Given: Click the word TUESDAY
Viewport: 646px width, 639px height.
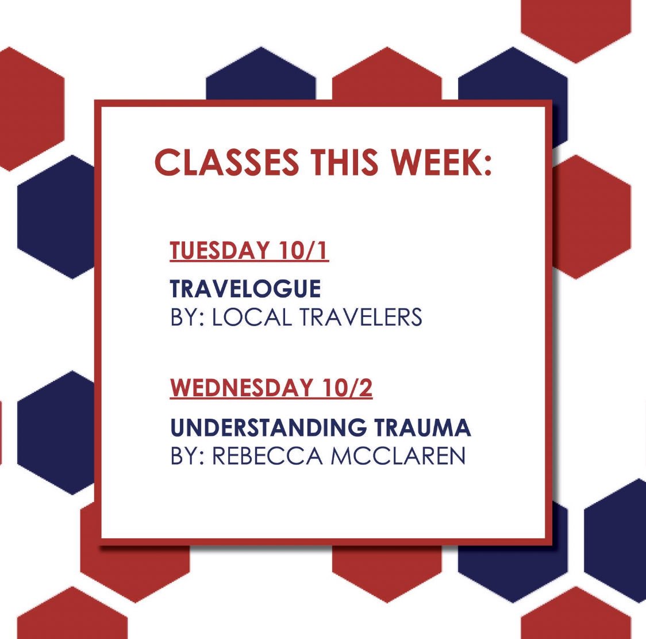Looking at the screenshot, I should [x=220, y=251].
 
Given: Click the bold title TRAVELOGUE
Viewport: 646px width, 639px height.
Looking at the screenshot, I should [x=245, y=289].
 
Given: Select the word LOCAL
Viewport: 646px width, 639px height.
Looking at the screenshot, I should [x=253, y=317].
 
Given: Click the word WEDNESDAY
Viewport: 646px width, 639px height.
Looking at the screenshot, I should [x=236, y=388].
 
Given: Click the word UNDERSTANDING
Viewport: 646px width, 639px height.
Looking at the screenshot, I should [x=268, y=427].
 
